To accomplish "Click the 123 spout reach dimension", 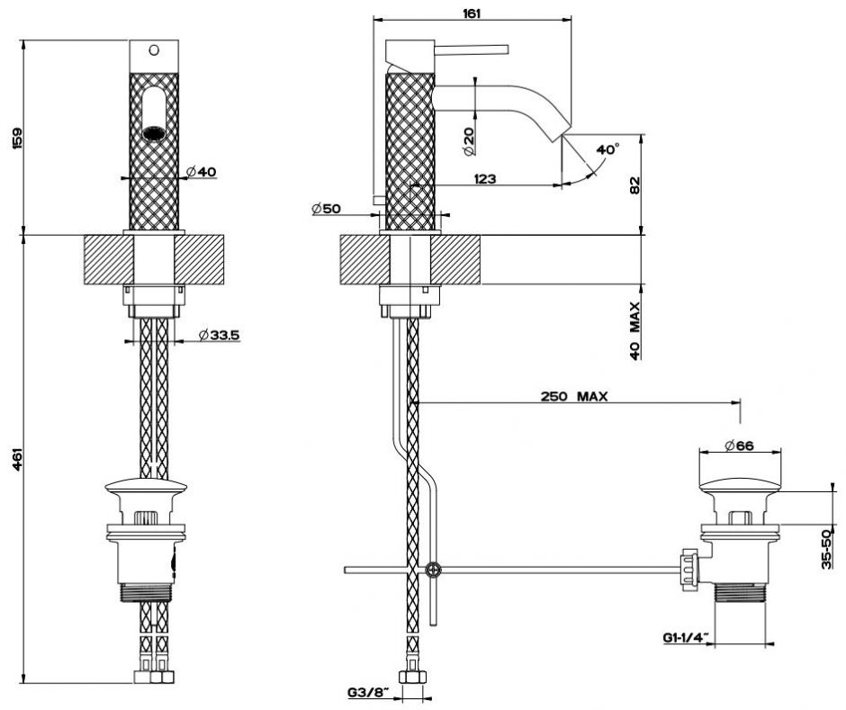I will click(x=484, y=179).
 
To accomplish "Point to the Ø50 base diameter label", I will click(x=327, y=209).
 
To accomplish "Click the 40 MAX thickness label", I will click(x=634, y=330).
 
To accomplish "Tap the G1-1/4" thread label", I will click(x=684, y=639).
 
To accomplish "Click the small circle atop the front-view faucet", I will click(x=152, y=50).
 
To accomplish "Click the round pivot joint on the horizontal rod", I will click(x=434, y=569).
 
